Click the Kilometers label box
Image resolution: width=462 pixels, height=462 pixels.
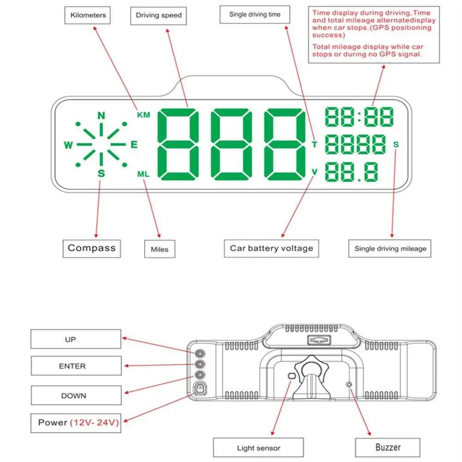(x=88, y=15)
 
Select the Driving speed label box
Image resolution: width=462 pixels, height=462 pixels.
(x=159, y=15)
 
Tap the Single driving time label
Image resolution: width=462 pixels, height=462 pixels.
(x=255, y=14)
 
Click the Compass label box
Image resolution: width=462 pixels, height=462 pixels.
(x=91, y=248)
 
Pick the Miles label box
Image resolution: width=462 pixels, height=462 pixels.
(x=159, y=249)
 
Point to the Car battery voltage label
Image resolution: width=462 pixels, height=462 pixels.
(x=271, y=248)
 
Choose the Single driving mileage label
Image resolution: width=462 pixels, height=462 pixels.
(x=390, y=248)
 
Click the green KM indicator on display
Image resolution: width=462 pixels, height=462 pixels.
(x=144, y=115)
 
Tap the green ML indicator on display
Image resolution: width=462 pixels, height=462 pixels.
(x=144, y=174)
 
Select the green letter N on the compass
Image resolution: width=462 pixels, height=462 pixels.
(x=101, y=115)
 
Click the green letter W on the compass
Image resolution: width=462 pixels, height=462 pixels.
(x=68, y=145)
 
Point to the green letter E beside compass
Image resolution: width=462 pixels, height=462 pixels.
(x=134, y=145)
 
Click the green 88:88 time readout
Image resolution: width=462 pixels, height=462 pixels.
(x=360, y=117)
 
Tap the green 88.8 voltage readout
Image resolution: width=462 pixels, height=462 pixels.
(x=352, y=172)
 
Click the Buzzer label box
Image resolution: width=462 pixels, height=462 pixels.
(x=387, y=447)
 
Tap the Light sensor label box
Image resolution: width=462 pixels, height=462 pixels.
(x=258, y=448)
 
